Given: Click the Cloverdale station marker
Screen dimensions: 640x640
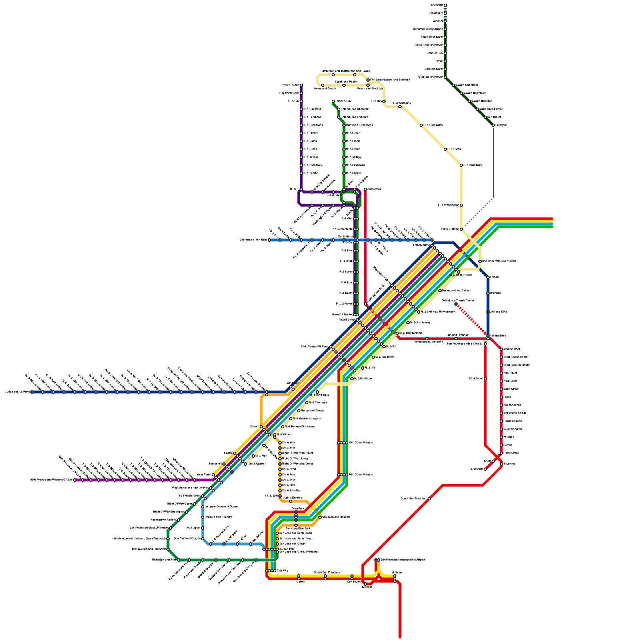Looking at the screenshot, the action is [x=445, y=5].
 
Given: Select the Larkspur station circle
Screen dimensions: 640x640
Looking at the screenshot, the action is [x=493, y=125].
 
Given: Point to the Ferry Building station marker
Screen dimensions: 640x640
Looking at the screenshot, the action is [x=461, y=229].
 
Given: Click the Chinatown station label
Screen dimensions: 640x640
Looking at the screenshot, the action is [x=374, y=189].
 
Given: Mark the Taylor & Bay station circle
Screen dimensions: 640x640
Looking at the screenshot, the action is [x=333, y=101].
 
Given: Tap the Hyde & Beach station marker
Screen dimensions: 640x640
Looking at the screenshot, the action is [x=301, y=85].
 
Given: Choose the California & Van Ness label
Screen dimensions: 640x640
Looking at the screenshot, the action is [x=253, y=240].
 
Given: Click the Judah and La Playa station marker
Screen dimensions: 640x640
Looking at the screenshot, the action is [x=32, y=392].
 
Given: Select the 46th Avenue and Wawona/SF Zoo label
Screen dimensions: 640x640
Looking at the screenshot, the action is [x=51, y=480].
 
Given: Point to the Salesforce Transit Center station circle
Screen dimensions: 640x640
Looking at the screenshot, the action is [x=456, y=304].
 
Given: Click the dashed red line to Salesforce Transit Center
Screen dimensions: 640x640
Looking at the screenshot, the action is [x=472, y=320].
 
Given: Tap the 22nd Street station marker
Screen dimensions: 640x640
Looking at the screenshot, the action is [x=485, y=378].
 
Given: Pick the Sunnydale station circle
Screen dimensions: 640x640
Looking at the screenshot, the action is [x=485, y=469].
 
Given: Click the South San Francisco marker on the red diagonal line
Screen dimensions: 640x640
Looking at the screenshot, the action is [x=429, y=498].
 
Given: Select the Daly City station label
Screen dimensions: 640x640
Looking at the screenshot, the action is [x=282, y=570].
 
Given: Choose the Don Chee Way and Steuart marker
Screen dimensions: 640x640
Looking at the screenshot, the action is [x=480, y=261].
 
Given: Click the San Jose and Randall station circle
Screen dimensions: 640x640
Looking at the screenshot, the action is [x=320, y=517].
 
